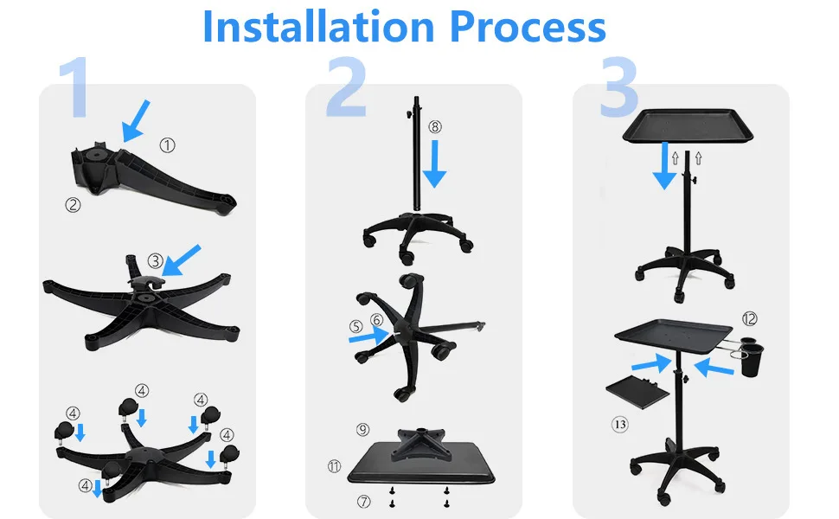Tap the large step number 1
click(x=79, y=89)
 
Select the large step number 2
click(x=347, y=89)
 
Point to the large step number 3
click(x=618, y=89)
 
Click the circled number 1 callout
click(x=167, y=145)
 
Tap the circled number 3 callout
click(x=155, y=259)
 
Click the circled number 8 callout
click(x=434, y=126)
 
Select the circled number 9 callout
click(x=362, y=429)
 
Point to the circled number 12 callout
click(x=750, y=320)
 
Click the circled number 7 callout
click(x=362, y=501)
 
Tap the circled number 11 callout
click(x=335, y=465)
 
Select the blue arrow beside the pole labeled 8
click(x=434, y=164)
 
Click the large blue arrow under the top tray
click(x=665, y=166)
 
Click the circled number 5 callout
click(x=356, y=327)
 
